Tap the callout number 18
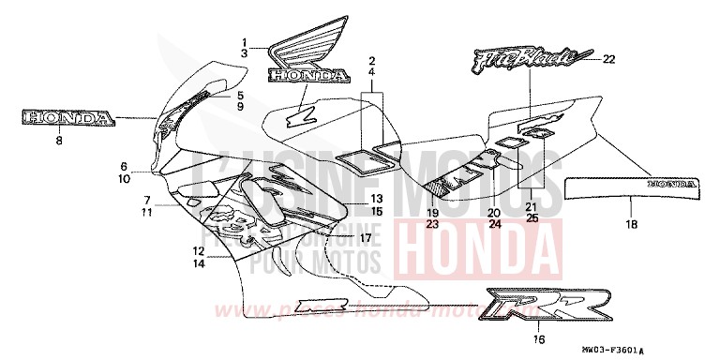click(630, 224)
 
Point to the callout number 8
click(58, 140)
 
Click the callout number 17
click(366, 237)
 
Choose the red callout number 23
click(432, 224)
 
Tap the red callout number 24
click(494, 224)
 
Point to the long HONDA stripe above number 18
click(630, 188)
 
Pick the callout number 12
click(198, 251)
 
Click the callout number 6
click(149, 166)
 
